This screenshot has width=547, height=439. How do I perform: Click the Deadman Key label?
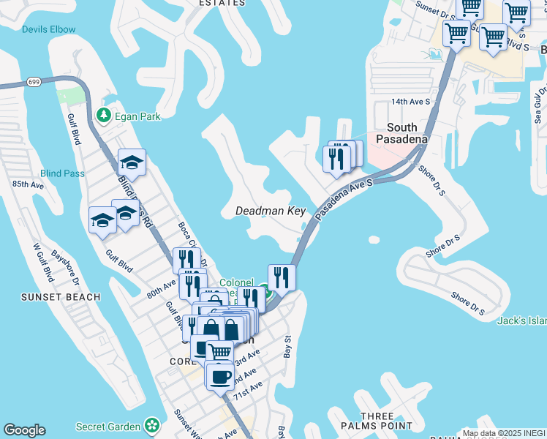[271, 211]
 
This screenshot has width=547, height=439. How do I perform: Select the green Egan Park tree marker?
[104, 115]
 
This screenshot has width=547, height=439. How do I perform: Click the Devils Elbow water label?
[48, 29]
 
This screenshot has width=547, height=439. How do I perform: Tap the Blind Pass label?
[62, 173]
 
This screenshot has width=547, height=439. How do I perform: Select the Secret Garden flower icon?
[152, 424]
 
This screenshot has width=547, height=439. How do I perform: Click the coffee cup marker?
[220, 377]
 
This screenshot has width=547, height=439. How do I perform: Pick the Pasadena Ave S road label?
[344, 198]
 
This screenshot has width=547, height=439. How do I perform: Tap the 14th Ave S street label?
[411, 102]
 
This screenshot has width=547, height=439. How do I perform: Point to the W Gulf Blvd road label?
[42, 263]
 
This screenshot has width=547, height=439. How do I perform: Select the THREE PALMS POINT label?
[377, 421]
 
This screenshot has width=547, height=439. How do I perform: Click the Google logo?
[25, 430]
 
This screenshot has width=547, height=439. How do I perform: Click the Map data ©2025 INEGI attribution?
[504, 433]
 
